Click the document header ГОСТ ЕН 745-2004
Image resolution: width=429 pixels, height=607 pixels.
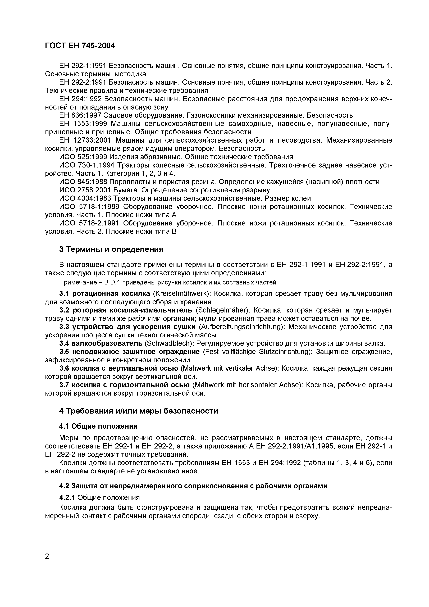[80, 46]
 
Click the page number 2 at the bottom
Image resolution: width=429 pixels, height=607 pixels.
[47, 556]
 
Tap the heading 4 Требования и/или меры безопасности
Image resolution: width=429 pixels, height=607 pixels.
[139, 411]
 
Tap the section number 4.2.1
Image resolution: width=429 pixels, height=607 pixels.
[67, 497]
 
